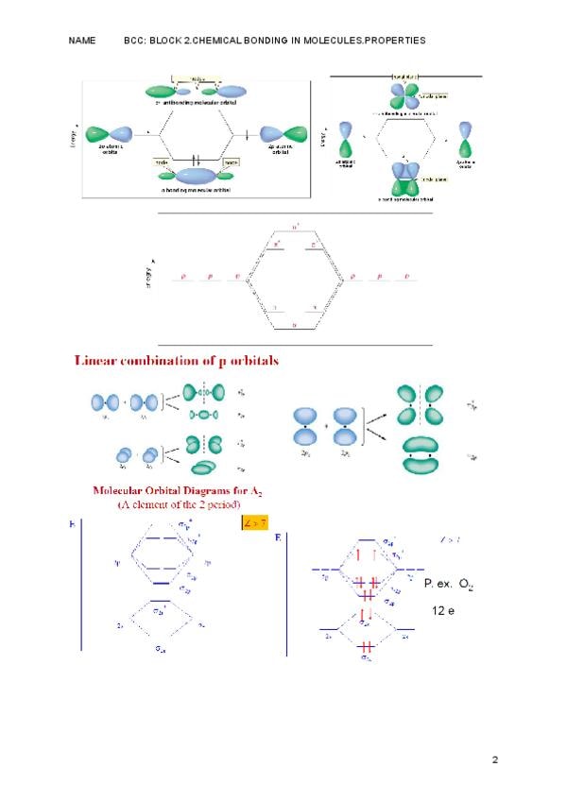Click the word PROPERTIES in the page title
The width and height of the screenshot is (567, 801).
[x=388, y=41]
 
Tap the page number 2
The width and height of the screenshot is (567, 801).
[x=495, y=758]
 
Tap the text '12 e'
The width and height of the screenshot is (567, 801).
[x=444, y=612]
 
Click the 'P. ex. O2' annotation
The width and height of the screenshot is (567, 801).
[x=448, y=586]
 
